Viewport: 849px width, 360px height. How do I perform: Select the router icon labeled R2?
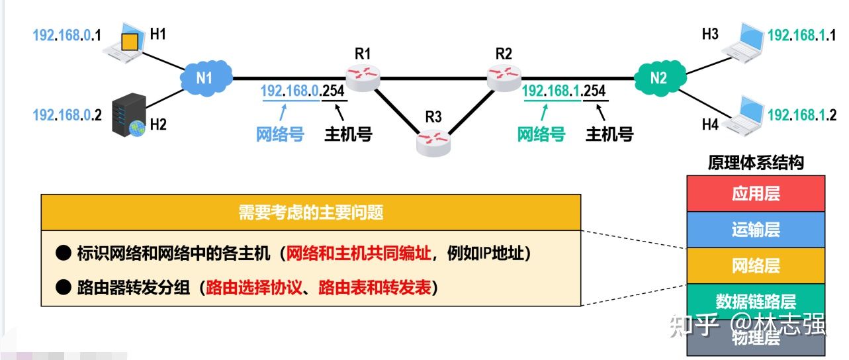pyautogui.click(x=504, y=77)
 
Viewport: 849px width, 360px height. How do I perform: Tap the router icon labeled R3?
pyautogui.click(x=433, y=141)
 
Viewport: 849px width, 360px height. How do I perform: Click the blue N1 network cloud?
pyautogui.click(x=205, y=78)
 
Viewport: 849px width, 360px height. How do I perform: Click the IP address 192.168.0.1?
pyautogui.click(x=67, y=35)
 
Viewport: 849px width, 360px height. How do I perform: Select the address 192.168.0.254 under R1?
pyautogui.click(x=303, y=91)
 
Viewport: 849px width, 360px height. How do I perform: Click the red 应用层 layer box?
pyautogui.click(x=756, y=193)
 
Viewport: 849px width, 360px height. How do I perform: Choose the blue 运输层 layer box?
pyautogui.click(x=756, y=229)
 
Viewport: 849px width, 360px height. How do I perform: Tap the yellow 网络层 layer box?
pyautogui.click(x=756, y=265)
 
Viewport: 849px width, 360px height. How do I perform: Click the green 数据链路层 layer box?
pyautogui.click(x=756, y=301)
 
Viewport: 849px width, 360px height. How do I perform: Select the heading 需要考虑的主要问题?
pyautogui.click(x=310, y=212)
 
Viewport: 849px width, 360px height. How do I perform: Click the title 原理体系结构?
pyautogui.click(x=756, y=163)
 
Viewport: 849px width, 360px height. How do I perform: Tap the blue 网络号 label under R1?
pyautogui.click(x=280, y=134)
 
